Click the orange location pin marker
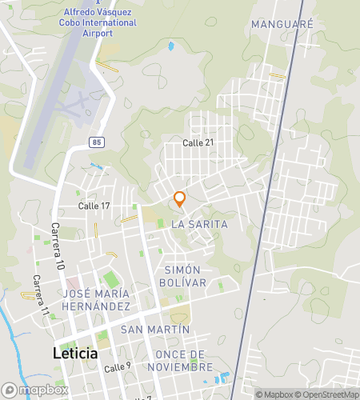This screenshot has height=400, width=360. pyautogui.click(x=180, y=199)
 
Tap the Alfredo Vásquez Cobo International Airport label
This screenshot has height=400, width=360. pyautogui.click(x=99, y=18)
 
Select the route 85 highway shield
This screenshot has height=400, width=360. pyautogui.click(x=96, y=142)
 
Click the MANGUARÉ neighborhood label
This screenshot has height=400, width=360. pyautogui.click(x=282, y=24)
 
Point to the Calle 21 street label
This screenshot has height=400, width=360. pyautogui.click(x=198, y=142)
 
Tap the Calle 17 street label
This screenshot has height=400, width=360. pyautogui.click(x=94, y=206)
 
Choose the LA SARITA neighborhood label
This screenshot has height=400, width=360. pyautogui.click(x=199, y=225)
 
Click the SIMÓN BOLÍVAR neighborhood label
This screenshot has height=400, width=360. pyautogui.click(x=186, y=276)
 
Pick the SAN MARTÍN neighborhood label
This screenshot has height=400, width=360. pyautogui.click(x=155, y=330)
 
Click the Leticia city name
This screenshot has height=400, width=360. pyautogui.click(x=75, y=353)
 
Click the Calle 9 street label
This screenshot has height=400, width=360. pyautogui.click(x=117, y=366)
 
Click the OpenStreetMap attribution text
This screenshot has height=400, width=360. pyautogui.click(x=326, y=394)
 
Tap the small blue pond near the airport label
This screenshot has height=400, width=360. pyautogui.click(x=170, y=46)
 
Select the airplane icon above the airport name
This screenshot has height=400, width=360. pyautogui.click(x=98, y=2)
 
